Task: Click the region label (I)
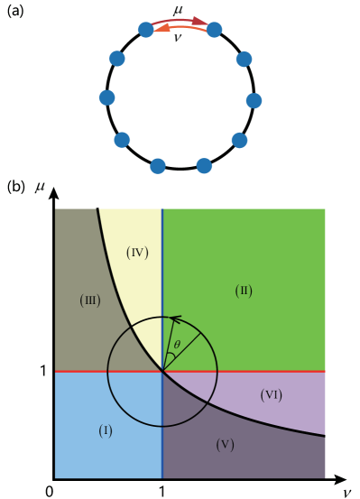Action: coord(106,431)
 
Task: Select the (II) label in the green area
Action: coord(244,291)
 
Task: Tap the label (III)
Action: coord(89,300)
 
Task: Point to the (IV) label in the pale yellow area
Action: coord(137,253)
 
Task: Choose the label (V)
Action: coord(225,445)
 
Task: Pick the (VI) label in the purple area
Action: coord(272,395)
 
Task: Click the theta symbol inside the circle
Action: coord(177,345)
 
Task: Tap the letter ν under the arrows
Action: coord(177,38)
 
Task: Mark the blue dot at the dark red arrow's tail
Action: coord(145,30)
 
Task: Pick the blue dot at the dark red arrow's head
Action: coord(215,30)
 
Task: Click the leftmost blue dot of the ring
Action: coord(106,97)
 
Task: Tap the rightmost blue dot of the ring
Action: coord(254,100)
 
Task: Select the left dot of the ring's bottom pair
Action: coord(158,166)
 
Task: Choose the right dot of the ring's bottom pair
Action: coord(204,166)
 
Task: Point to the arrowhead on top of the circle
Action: coord(175,319)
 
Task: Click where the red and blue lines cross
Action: coord(162,371)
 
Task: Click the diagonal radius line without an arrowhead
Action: coord(183,351)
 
